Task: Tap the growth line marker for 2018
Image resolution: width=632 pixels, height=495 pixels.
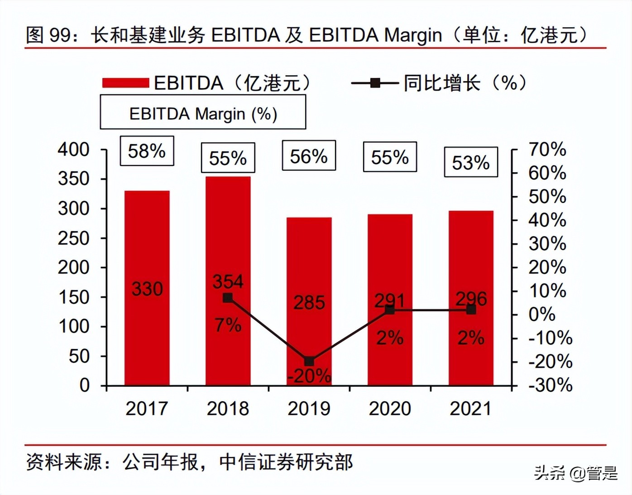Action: (x=228, y=298)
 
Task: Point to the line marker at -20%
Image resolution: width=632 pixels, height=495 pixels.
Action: (x=309, y=361)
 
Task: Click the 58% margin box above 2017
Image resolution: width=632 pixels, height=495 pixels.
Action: (x=147, y=151)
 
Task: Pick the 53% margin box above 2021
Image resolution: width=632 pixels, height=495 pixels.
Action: (x=471, y=162)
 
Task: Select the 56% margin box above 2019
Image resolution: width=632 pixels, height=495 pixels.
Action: (x=309, y=156)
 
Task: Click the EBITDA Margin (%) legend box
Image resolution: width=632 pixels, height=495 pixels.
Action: (x=203, y=113)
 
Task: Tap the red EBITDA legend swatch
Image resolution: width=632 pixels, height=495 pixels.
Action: (x=125, y=83)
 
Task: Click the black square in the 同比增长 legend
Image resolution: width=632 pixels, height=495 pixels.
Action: (x=375, y=83)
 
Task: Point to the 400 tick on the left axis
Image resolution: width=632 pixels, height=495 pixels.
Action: (x=74, y=150)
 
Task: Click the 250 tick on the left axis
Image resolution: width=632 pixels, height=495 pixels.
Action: (x=74, y=238)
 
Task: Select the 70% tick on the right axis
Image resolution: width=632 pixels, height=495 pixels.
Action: (x=547, y=150)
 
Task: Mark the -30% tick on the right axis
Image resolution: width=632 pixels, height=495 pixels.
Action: (x=550, y=385)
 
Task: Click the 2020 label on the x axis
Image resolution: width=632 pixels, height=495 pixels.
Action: (x=390, y=408)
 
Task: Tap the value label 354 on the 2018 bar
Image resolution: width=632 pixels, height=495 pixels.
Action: (x=228, y=281)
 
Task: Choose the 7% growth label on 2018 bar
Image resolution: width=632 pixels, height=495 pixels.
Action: (x=228, y=325)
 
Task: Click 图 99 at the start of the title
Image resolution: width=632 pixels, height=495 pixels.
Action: (x=48, y=35)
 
